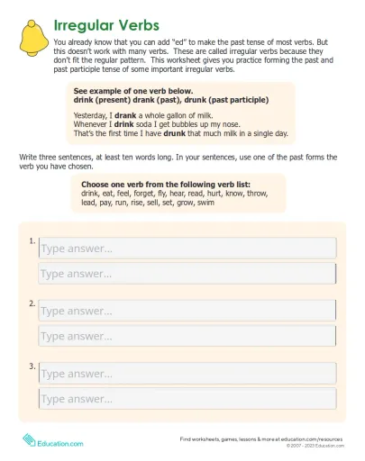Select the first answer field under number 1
pos(187,249)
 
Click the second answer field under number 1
pos(187,274)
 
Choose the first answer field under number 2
pos(187,311)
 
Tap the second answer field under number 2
pos(187,336)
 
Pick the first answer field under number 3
pos(187,374)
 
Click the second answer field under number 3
pos(187,399)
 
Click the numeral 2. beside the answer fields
pos(32,303)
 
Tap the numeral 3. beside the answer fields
pos(32,366)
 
